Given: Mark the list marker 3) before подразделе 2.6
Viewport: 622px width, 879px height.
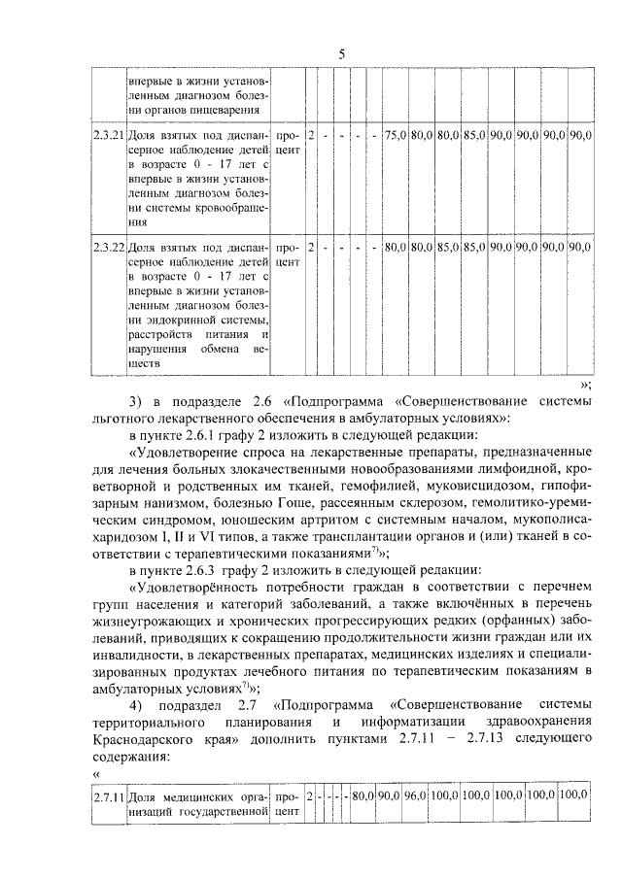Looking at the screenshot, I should (135, 401).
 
